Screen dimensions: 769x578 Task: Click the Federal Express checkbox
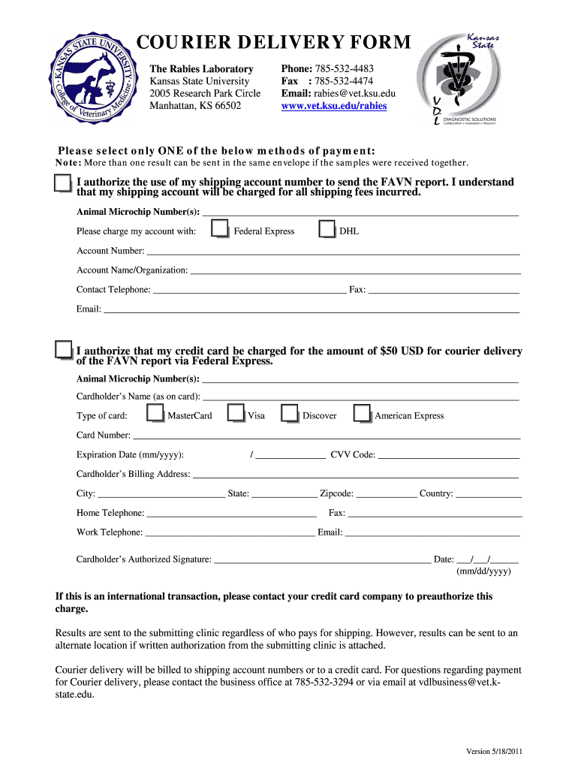[220, 229]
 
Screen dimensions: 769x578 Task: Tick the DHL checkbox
[327, 229]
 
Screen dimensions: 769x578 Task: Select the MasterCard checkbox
[155, 414]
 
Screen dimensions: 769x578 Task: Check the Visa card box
[236, 414]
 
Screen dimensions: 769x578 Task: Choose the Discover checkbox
[290, 414]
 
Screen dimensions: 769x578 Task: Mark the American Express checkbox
[363, 414]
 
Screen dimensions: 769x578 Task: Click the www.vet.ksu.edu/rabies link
[334, 106]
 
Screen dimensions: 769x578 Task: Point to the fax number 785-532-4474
[344, 81]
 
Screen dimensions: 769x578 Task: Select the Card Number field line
[327, 436]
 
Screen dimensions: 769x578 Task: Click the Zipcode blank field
[386, 494]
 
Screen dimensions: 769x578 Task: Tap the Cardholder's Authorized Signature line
[322, 559]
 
